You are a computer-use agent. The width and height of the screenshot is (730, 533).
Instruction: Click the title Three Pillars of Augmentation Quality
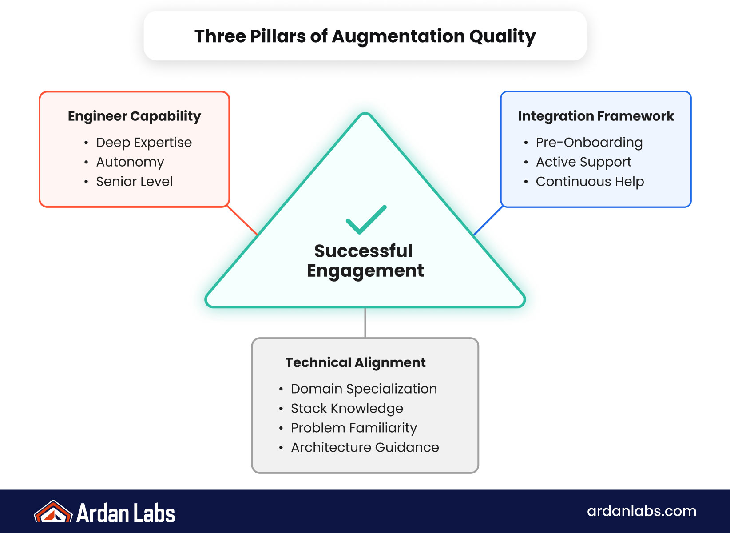(x=365, y=36)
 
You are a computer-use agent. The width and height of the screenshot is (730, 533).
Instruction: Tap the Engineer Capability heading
(x=134, y=116)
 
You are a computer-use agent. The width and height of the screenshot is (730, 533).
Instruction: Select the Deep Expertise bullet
(x=144, y=143)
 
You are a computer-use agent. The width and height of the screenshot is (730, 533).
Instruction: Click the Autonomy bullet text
(x=130, y=162)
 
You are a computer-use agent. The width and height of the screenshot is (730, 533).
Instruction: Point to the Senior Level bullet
(x=134, y=182)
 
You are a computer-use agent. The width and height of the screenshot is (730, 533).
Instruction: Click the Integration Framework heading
(x=596, y=116)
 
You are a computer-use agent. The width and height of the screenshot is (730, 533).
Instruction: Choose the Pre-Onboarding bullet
(x=589, y=143)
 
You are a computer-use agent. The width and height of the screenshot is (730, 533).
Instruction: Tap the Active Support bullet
(x=583, y=162)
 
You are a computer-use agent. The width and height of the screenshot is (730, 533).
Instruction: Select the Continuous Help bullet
(x=590, y=182)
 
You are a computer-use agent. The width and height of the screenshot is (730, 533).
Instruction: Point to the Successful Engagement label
(x=365, y=261)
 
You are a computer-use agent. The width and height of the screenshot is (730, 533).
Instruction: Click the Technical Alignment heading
(x=355, y=362)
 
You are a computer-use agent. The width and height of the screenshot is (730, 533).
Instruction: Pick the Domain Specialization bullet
(x=364, y=389)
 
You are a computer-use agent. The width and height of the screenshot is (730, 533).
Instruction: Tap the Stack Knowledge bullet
(x=347, y=408)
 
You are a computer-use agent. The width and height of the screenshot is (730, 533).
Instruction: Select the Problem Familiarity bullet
(x=354, y=428)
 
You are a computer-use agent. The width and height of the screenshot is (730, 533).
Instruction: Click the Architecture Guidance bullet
(x=365, y=447)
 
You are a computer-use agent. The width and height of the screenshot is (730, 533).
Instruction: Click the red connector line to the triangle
(x=242, y=220)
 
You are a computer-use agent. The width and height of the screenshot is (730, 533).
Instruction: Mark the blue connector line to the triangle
(x=488, y=220)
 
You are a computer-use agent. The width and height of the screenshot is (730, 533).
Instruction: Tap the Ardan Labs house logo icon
(x=53, y=512)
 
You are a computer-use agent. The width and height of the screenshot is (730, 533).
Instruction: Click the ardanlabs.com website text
(x=642, y=511)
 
